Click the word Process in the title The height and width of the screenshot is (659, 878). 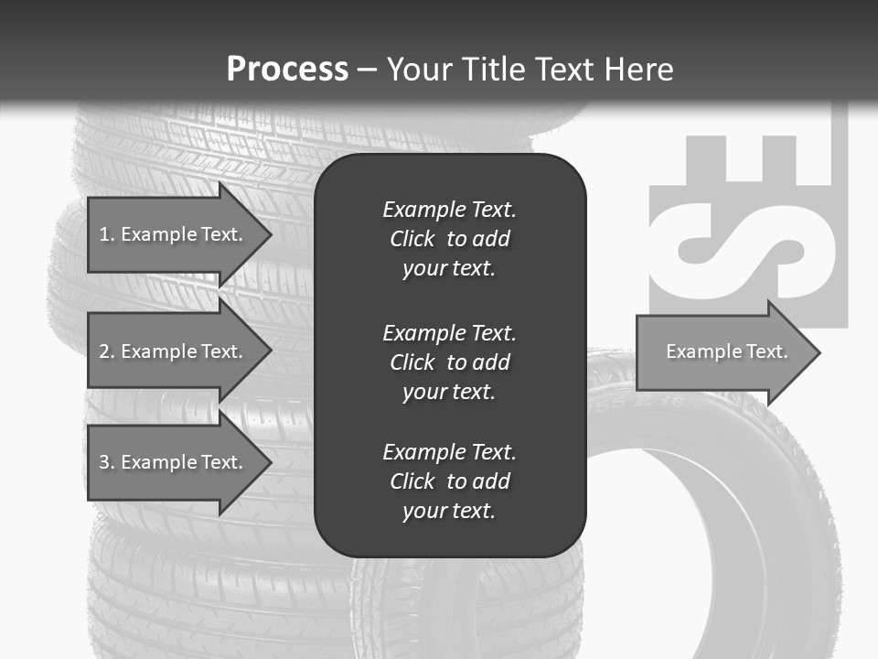(x=287, y=69)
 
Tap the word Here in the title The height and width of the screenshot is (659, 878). (x=638, y=69)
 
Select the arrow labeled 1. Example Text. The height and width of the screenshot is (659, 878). (x=170, y=234)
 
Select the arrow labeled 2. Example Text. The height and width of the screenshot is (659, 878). (x=170, y=351)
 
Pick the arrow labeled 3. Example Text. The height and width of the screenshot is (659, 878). (x=170, y=462)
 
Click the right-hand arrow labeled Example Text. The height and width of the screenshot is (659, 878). (x=726, y=351)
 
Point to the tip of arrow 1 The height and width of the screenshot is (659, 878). (x=270, y=234)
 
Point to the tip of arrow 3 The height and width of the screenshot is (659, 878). (x=270, y=462)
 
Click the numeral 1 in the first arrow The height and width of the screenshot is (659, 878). (x=104, y=234)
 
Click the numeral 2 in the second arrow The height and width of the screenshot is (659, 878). (x=104, y=351)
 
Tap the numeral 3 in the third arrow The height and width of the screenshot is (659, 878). (x=104, y=462)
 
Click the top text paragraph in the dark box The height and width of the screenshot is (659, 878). (x=449, y=239)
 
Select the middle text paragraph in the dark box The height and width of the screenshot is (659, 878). (x=449, y=362)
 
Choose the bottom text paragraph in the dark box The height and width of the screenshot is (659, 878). (x=449, y=481)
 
